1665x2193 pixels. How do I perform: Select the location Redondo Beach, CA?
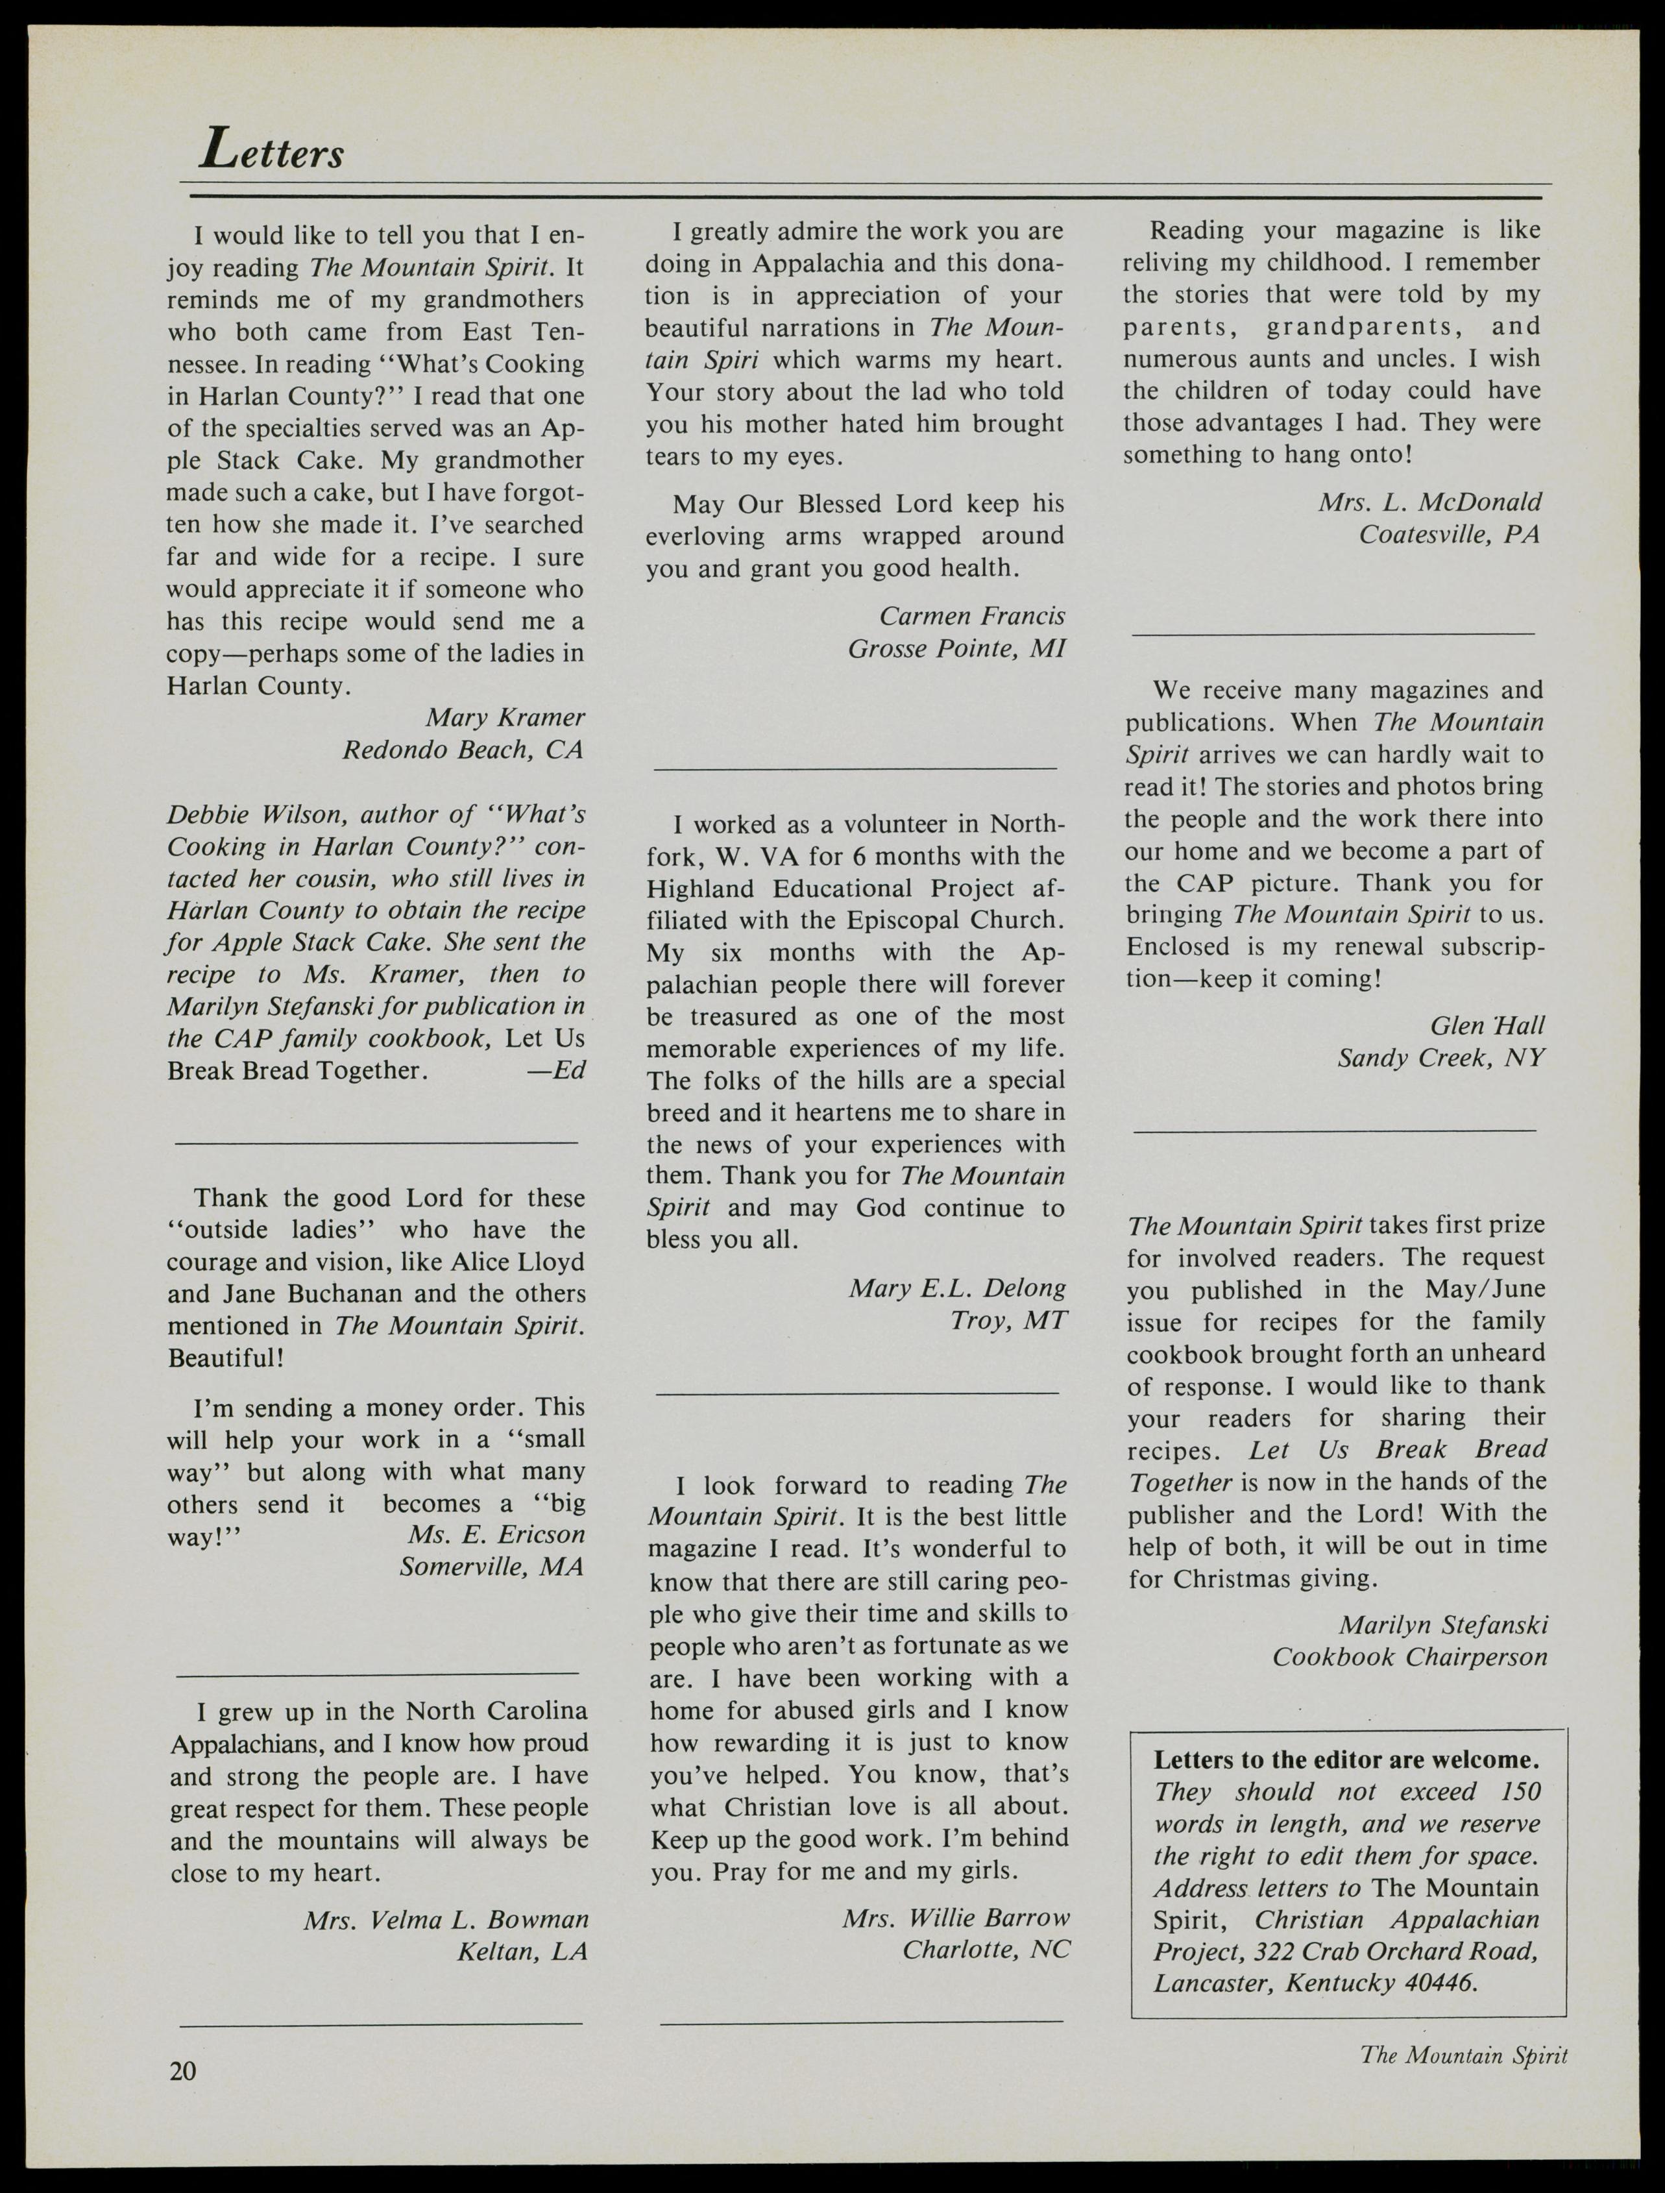click(463, 750)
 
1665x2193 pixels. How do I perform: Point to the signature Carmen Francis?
click(972, 616)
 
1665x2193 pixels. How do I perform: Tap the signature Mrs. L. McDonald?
click(1429, 502)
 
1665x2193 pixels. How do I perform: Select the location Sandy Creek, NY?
click(1441, 1058)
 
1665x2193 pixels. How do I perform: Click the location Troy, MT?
click(1008, 1321)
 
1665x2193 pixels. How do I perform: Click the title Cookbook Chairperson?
click(1409, 1657)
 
